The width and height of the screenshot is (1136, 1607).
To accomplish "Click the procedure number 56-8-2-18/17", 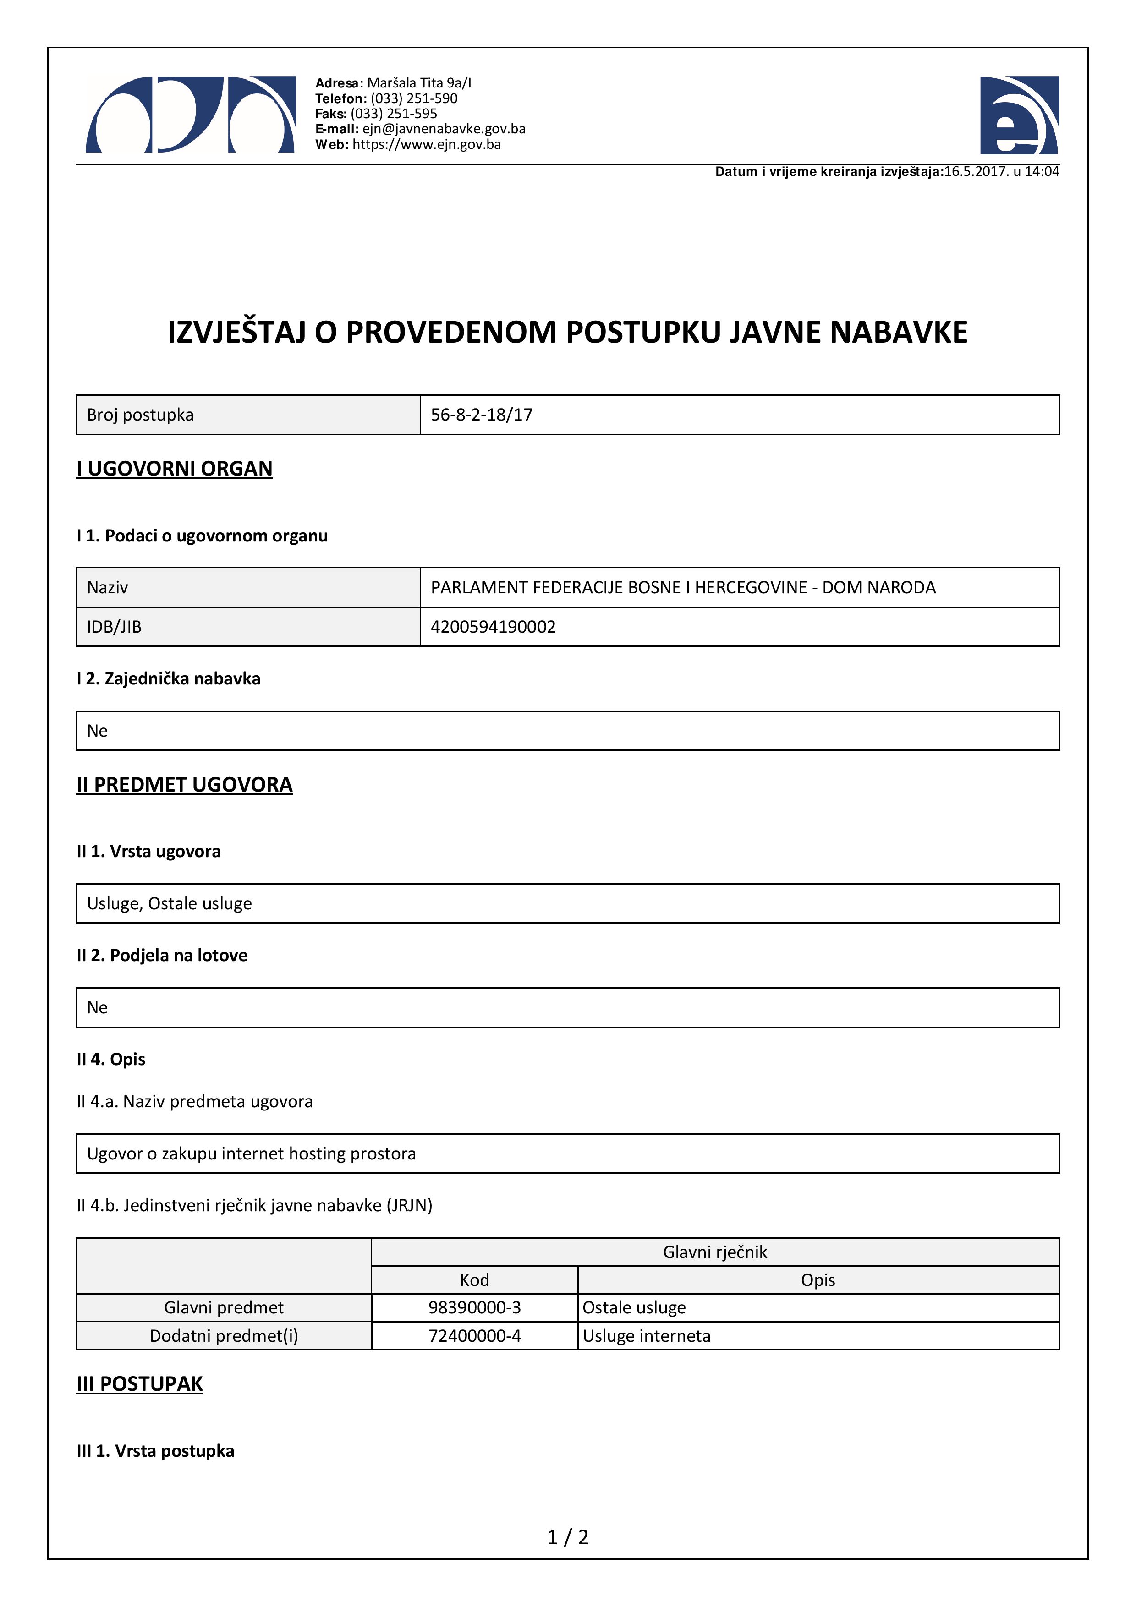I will point(482,415).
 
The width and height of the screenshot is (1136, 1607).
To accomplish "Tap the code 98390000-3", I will point(475,1307).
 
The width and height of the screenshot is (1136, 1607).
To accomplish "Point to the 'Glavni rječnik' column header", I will point(714,1252).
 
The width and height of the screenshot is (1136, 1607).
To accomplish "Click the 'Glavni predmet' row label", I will point(224,1307).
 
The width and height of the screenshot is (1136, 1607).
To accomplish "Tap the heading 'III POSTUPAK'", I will point(140,1384).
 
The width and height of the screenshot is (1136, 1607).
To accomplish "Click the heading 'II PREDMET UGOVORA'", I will point(185,785).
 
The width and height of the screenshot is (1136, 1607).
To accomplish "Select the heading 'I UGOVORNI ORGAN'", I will point(174,468).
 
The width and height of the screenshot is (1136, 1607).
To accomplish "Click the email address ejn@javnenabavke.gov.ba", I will point(444,129).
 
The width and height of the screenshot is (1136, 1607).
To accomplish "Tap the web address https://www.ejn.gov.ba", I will point(426,144).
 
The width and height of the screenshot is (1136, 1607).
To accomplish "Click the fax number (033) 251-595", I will point(393,114).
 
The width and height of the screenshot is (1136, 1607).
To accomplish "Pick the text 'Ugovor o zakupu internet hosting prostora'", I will point(251,1153).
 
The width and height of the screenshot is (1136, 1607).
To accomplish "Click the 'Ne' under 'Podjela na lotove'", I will point(97,1007).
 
